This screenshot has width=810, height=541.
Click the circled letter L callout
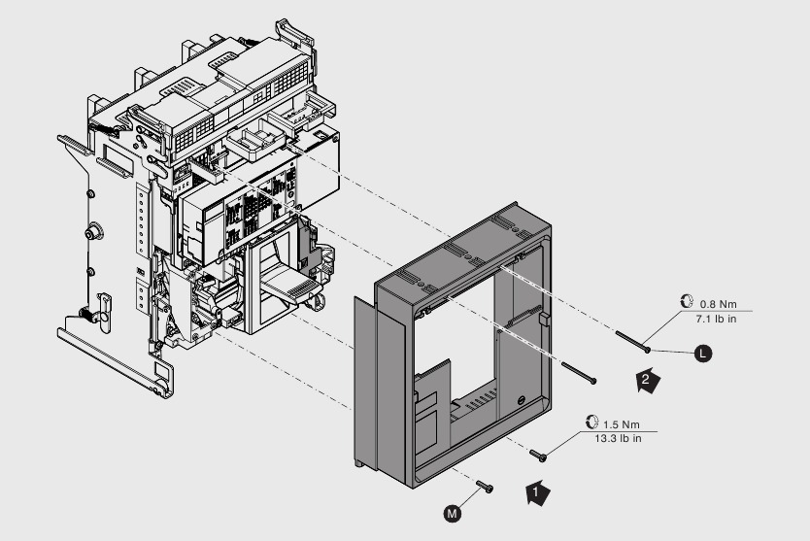[704, 355]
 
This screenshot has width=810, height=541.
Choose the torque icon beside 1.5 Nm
[591, 423]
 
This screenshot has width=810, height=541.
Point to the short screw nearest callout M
[485, 487]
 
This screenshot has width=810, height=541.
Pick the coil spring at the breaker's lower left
[85, 317]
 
